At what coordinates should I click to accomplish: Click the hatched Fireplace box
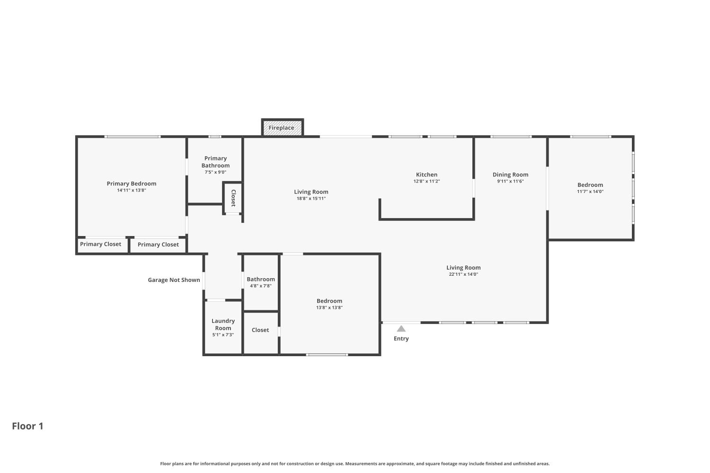point(282,128)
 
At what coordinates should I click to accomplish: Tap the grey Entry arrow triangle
point(401,329)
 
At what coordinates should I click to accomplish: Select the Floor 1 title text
point(27,426)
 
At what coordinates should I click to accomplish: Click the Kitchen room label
point(426,175)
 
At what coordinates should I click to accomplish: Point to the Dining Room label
point(510,175)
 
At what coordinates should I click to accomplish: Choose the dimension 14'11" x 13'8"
point(132,191)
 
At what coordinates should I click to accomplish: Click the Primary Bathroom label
point(215,162)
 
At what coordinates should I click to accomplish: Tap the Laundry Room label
point(223,324)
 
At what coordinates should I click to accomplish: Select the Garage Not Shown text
point(174,280)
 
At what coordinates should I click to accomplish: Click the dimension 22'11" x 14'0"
point(463,274)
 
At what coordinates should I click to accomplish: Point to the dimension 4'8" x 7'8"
point(261,286)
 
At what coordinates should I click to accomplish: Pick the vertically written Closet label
point(234,198)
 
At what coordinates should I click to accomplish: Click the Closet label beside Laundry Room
point(260,330)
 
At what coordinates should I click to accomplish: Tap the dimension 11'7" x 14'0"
point(590,192)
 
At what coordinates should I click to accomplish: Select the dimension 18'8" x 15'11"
point(311,199)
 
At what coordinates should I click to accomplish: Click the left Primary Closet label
point(100,244)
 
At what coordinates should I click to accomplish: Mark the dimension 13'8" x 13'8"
point(329,307)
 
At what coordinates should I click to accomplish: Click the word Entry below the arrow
point(401,339)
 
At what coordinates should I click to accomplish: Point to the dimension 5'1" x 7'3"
point(223,335)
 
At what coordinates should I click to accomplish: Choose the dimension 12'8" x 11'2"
point(426,182)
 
